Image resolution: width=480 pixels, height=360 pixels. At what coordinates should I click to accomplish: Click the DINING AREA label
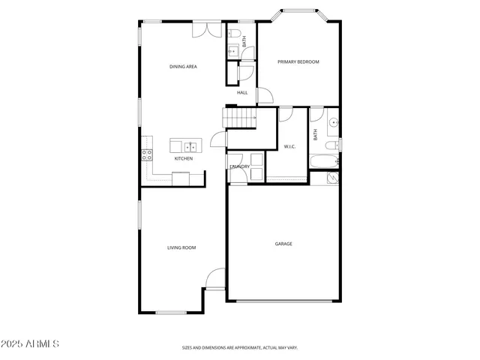[x=183, y=67]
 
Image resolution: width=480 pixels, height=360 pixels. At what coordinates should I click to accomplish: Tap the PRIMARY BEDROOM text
[x=298, y=61]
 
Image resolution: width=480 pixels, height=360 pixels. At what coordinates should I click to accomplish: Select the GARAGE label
[x=283, y=244]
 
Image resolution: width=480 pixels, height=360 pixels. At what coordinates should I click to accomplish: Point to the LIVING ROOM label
[x=181, y=247]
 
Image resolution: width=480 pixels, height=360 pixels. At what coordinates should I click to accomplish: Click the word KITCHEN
[x=184, y=159]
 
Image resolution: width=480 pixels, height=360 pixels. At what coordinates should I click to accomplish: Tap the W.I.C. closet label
[x=289, y=146]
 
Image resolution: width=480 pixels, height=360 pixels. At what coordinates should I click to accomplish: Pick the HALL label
[x=242, y=92]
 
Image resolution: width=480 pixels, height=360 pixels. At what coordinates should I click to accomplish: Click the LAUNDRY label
[x=240, y=166]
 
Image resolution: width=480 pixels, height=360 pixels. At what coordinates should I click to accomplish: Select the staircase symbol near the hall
[x=239, y=118]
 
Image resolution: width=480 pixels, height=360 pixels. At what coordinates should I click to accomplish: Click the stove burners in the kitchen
[x=147, y=155]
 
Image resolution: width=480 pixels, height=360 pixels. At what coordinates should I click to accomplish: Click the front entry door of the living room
[x=215, y=279]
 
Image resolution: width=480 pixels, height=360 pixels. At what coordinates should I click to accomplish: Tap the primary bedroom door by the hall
[x=265, y=95]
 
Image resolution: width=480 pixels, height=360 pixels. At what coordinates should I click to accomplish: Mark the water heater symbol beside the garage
[x=333, y=178]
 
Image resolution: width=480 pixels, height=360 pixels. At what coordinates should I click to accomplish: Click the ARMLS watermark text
[x=31, y=344]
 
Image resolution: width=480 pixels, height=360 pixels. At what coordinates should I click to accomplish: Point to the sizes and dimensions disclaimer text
[x=240, y=348]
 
